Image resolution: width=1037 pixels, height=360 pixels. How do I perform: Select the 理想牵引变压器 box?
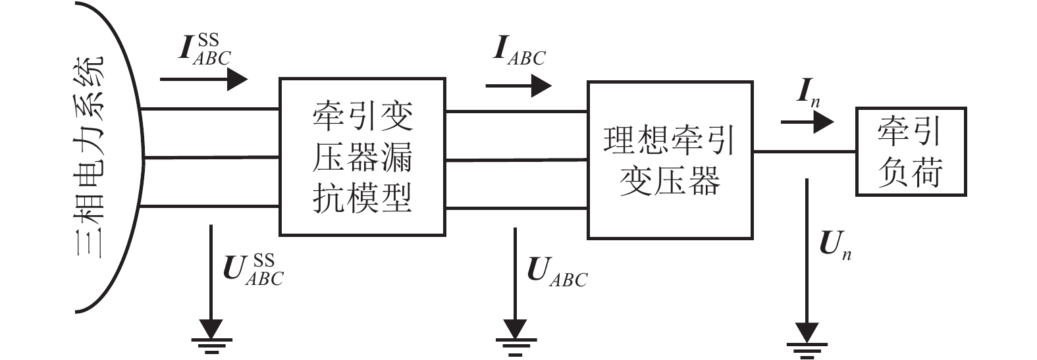click(x=670, y=160)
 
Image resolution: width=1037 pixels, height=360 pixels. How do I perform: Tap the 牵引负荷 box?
click(x=910, y=152)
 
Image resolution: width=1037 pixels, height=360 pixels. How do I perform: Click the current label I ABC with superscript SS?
click(x=204, y=50)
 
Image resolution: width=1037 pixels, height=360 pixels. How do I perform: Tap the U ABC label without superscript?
click(x=557, y=272)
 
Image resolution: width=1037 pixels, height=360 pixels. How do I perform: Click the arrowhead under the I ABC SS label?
click(x=237, y=80)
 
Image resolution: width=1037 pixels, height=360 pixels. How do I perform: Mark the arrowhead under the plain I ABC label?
click(x=541, y=86)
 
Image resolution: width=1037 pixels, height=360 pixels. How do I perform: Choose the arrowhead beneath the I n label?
click(x=823, y=122)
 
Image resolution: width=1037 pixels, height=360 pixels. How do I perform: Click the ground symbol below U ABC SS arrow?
click(x=211, y=337)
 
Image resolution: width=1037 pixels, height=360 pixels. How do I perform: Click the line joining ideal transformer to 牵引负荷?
click(x=804, y=151)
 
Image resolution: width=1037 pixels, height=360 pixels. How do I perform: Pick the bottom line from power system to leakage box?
click(x=211, y=207)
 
